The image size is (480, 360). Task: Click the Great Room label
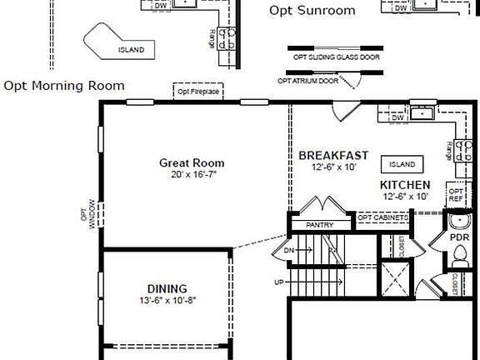(192, 162)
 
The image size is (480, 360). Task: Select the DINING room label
(167, 288)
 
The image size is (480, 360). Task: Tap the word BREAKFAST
(333, 156)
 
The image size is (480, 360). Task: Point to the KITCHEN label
(405, 185)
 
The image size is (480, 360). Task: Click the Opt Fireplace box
(198, 92)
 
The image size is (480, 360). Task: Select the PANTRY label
(319, 225)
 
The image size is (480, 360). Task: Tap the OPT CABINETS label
(382, 217)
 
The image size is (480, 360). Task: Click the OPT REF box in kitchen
(456, 195)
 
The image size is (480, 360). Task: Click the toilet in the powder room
(457, 257)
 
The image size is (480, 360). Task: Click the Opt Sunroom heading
(312, 11)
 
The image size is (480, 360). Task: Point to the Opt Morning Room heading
(64, 85)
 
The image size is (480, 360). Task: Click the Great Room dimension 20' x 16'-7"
(192, 175)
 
